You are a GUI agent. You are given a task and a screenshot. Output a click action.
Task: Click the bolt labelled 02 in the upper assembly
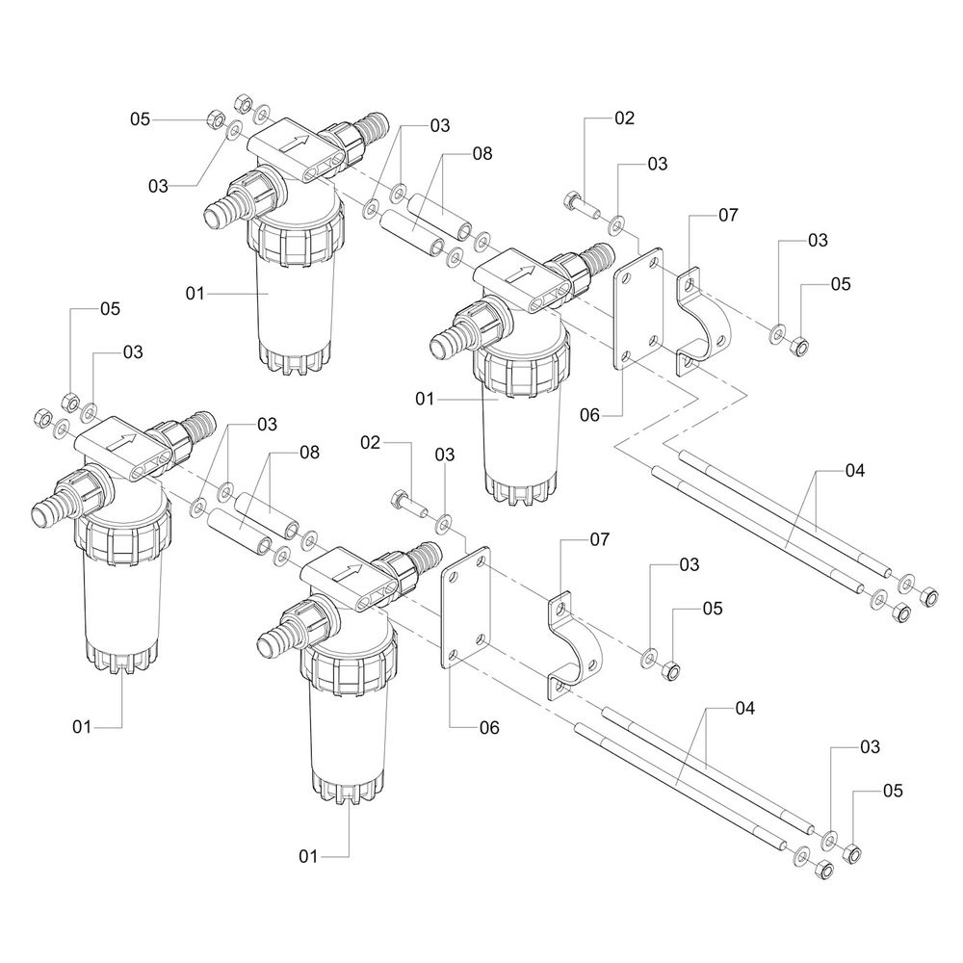[578, 204]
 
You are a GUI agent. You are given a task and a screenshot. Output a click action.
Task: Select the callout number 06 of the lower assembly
[489, 727]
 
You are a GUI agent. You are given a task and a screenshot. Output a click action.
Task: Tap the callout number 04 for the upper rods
[855, 471]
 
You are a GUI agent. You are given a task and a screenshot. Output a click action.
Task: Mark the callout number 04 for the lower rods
[744, 709]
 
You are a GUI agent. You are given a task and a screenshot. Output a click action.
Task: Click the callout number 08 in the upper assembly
[482, 152]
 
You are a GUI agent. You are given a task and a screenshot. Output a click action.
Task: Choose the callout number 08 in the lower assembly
[309, 451]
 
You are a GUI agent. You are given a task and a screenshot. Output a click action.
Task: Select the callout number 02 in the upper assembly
[625, 118]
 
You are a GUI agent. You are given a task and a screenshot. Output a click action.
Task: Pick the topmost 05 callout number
[141, 118]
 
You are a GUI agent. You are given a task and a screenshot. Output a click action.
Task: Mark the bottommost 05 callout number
[893, 791]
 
